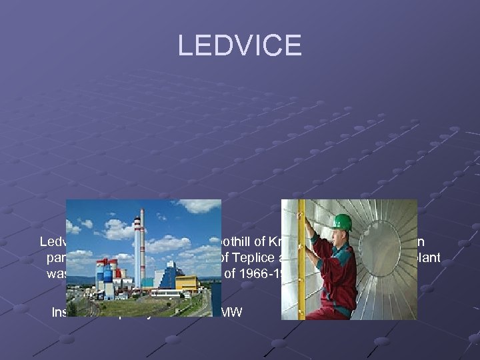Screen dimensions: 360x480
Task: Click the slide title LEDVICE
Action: click(239, 45)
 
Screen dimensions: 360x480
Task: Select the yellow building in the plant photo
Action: click(186, 283)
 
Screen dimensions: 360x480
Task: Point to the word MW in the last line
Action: click(234, 311)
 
